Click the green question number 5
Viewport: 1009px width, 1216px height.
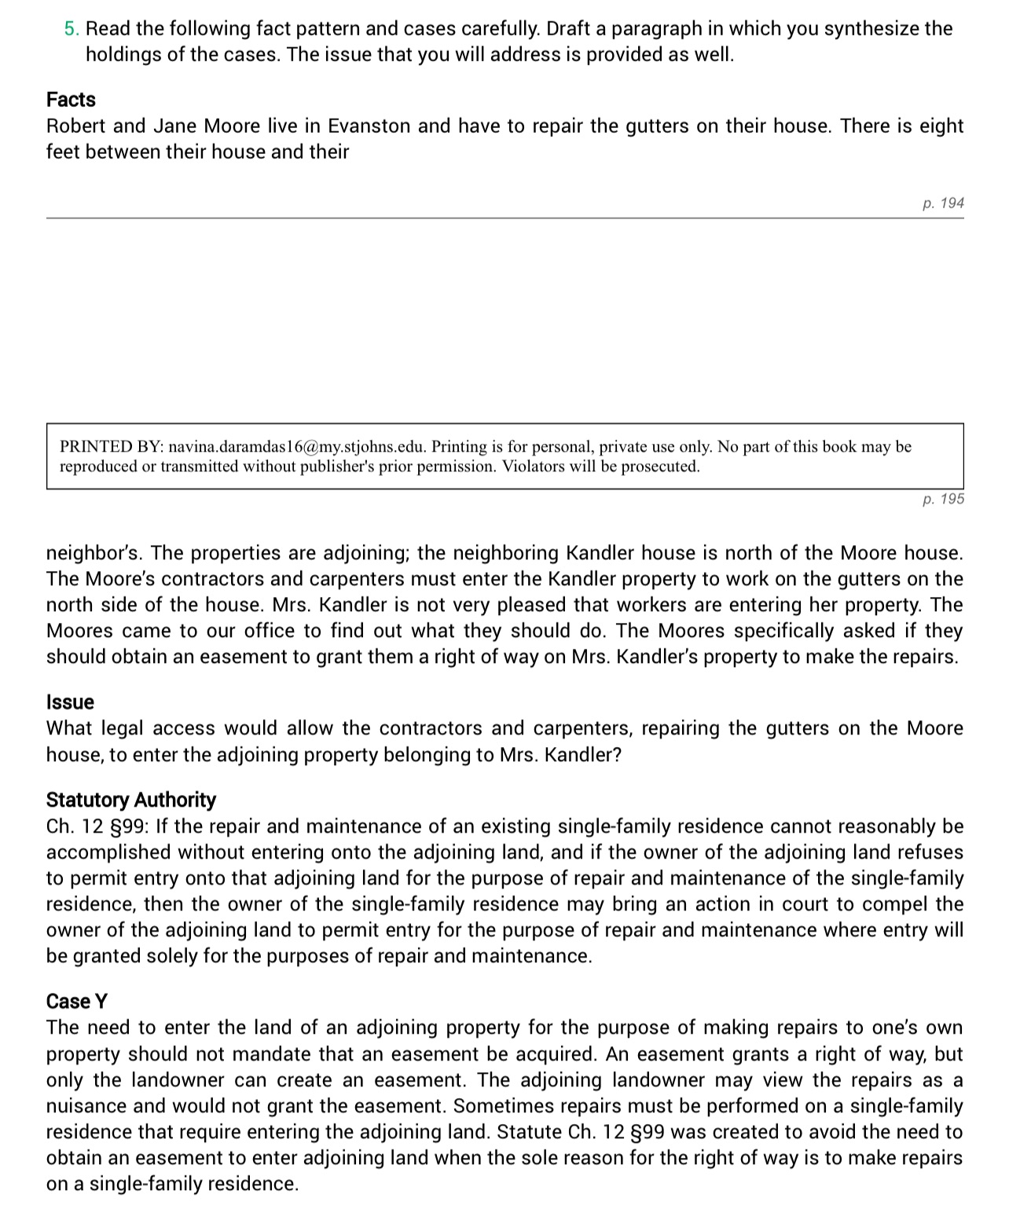(x=71, y=29)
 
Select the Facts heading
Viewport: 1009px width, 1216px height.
(x=71, y=100)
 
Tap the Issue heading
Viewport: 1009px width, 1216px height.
(x=70, y=702)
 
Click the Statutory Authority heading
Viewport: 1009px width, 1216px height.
(x=130, y=800)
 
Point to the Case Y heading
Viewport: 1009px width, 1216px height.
(x=76, y=1002)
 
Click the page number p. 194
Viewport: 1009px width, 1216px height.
(x=943, y=203)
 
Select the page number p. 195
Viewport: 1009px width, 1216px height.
(x=943, y=500)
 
